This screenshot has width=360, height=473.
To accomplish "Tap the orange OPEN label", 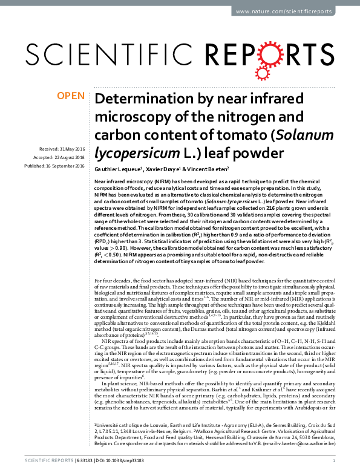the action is click(x=72, y=96).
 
